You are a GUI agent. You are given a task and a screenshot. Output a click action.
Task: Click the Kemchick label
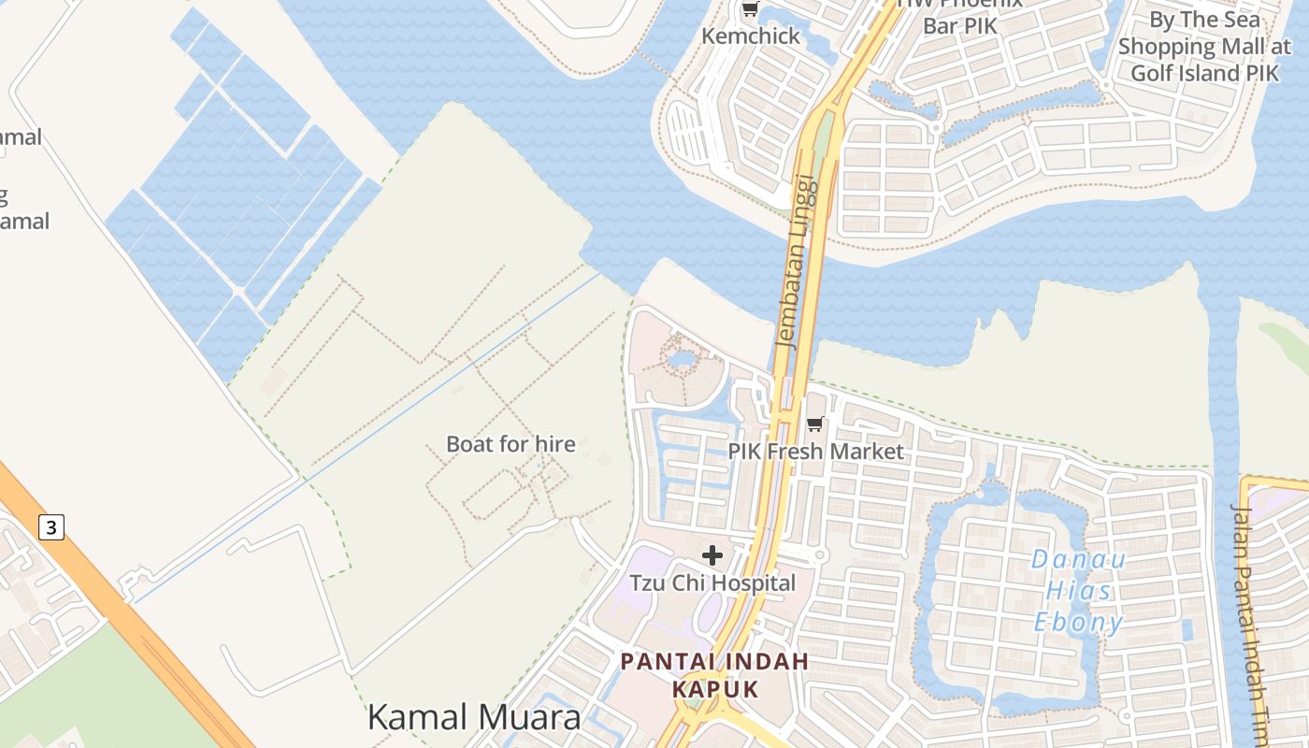(751, 36)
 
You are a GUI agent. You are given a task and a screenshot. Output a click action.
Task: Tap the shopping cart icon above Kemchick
(750, 10)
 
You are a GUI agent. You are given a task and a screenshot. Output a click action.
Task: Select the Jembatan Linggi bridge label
(797, 263)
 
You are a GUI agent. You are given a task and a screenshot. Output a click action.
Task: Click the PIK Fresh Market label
(815, 452)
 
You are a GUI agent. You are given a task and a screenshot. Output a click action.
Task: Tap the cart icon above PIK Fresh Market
(815, 424)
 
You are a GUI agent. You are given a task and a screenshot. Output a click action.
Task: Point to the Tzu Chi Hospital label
(712, 583)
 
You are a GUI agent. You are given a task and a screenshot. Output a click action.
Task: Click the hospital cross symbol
(712, 555)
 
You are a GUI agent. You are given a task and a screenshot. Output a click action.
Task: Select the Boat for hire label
(511, 444)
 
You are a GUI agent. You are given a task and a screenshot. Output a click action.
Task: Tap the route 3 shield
(51, 527)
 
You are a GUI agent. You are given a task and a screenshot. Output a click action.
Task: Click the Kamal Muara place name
(474, 717)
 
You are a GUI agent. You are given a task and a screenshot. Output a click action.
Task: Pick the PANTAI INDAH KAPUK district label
(715, 675)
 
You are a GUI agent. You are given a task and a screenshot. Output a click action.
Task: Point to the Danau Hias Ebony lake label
(1078, 591)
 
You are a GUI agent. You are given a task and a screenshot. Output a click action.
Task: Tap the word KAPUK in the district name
(715, 689)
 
